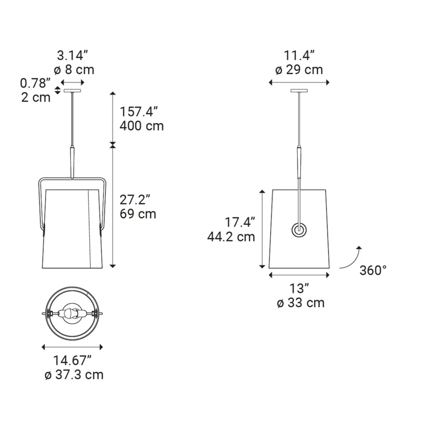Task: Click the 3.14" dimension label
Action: [72, 55]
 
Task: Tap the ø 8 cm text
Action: [74, 70]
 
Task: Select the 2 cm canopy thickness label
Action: [36, 97]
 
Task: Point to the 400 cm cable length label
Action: [142, 126]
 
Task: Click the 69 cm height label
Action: [138, 214]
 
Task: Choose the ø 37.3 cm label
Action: [74, 375]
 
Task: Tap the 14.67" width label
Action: [72, 360]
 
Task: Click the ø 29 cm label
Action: [299, 70]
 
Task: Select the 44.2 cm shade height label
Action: [231, 237]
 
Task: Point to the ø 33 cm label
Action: [300, 303]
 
